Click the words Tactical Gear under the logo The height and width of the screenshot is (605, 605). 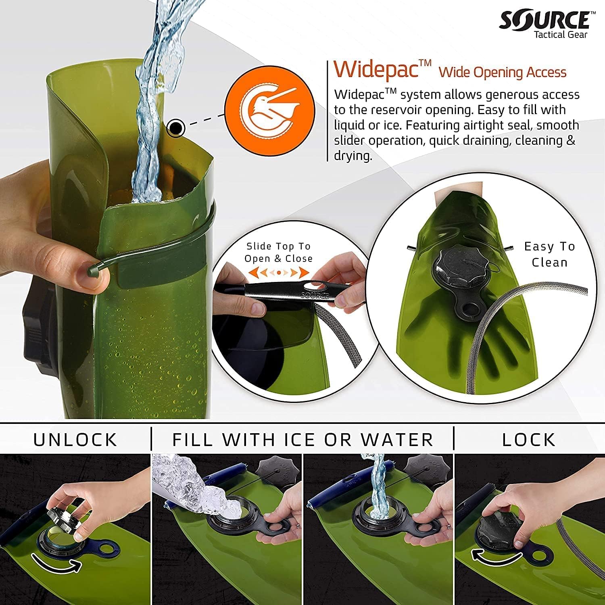click(561, 35)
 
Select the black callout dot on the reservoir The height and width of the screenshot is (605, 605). click(176, 128)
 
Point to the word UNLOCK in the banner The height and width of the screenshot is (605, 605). click(75, 439)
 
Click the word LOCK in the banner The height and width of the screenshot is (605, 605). click(529, 439)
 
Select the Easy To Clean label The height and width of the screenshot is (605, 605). click(549, 254)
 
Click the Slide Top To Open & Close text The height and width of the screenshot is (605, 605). click(278, 252)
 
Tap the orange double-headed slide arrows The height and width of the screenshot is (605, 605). click(278, 273)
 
